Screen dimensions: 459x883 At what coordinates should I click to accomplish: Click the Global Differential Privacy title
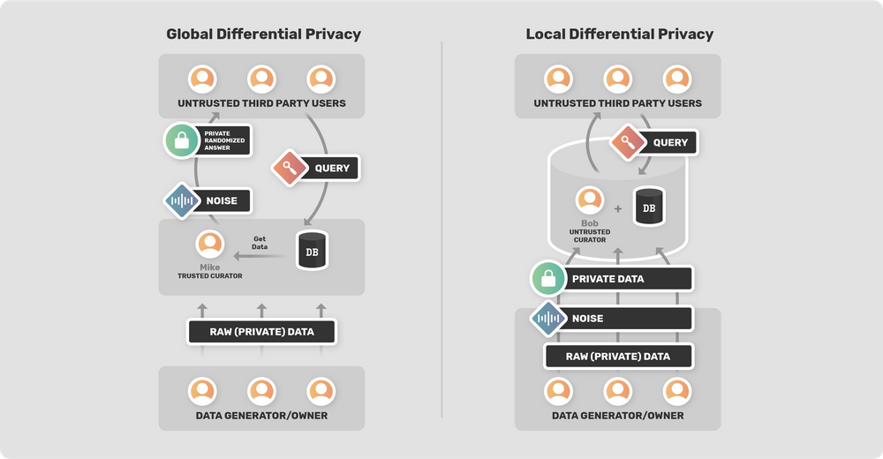point(263,34)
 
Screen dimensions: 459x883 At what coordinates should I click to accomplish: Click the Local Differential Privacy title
point(619,34)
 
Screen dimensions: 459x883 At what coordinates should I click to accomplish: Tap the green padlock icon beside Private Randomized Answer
point(182,139)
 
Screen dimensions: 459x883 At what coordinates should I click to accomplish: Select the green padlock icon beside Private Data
point(548,279)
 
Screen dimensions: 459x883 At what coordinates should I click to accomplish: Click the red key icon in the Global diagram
point(288,168)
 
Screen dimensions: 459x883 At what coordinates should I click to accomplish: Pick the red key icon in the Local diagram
point(626,143)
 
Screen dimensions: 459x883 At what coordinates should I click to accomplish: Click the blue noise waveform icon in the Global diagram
point(182,201)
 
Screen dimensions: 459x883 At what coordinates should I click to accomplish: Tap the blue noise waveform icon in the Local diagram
point(548,318)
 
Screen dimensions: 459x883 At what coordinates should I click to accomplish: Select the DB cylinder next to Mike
point(312,252)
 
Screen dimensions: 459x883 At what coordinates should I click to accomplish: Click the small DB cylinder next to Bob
point(649,207)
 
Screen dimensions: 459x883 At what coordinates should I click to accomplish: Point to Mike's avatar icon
point(210,245)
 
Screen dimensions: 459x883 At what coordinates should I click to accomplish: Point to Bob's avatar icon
point(588,201)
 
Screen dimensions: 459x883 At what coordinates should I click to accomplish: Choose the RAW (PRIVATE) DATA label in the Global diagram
point(261,332)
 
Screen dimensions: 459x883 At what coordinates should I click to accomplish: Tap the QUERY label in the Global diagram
point(331,168)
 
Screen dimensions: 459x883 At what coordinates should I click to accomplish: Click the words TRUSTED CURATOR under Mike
point(210,276)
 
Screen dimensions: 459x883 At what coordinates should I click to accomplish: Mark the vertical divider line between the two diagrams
point(441,229)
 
